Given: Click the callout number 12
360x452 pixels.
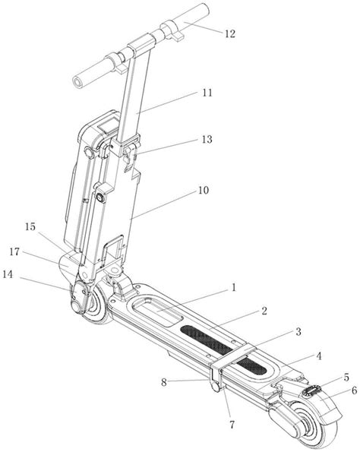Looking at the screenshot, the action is (230, 33).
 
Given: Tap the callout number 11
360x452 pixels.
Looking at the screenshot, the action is (207, 93).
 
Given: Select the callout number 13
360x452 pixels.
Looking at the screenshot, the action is (207, 140).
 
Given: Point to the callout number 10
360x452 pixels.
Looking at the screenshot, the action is (204, 190).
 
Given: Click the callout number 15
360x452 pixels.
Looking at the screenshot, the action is (30, 227).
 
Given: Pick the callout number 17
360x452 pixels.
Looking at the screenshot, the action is (14, 252).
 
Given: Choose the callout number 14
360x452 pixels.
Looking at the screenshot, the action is (8, 274).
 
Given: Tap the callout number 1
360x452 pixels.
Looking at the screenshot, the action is (234, 287).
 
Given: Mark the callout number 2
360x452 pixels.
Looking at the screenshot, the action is (264, 311).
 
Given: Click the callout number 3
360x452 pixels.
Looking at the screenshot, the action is (298, 331).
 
